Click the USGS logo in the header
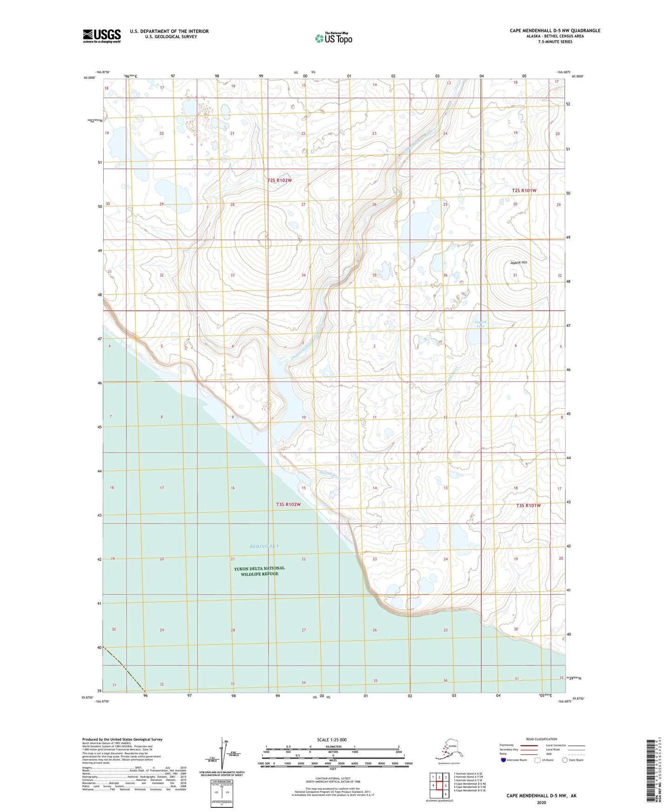pos(101,36)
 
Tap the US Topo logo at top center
pos(333,38)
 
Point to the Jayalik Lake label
pos(480,324)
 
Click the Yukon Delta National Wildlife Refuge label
pos(259,571)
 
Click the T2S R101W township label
pos(524,191)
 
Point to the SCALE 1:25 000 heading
pos(332,739)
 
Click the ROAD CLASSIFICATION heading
pos(541,739)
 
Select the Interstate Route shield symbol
pos(503,760)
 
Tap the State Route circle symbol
pos(565,760)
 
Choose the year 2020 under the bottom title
pos(541,802)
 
